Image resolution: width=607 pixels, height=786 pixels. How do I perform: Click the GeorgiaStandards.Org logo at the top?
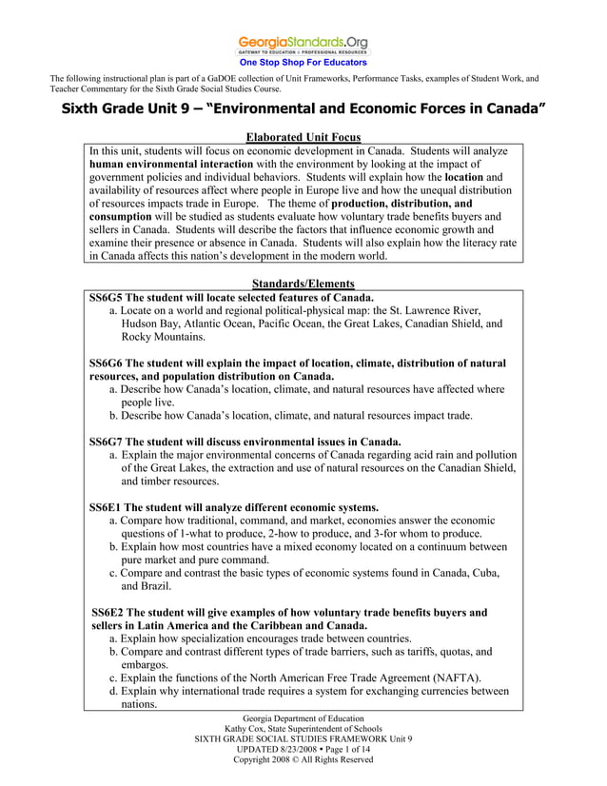[x=303, y=44]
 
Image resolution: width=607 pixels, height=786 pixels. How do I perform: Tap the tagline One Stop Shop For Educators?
[x=303, y=63]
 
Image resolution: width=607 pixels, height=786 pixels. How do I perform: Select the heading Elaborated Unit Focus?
[x=303, y=138]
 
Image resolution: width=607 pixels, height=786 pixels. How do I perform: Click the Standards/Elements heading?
[x=303, y=284]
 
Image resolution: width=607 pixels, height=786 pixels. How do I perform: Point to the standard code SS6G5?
[x=106, y=297]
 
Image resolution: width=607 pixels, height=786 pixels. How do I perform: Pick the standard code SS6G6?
[x=106, y=364]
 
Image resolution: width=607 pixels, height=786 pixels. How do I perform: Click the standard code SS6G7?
[x=106, y=442]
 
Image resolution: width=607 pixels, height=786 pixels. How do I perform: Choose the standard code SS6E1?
[x=106, y=507]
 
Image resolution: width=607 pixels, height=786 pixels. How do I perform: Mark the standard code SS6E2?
[x=108, y=613]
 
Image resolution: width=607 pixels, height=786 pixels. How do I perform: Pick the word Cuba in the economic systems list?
[x=481, y=573]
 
